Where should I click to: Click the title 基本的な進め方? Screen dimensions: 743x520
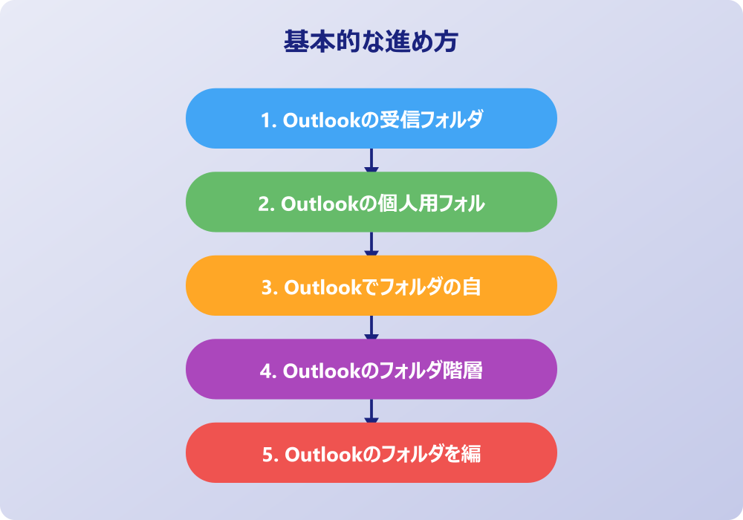pyautogui.click(x=371, y=41)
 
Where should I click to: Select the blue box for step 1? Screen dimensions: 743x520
pyautogui.click(x=371, y=118)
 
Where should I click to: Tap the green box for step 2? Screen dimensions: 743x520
pyautogui.click(x=371, y=202)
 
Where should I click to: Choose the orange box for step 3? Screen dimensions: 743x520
pyautogui.click(x=371, y=285)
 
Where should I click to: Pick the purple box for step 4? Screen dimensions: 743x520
pyautogui.click(x=371, y=369)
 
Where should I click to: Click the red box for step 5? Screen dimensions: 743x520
pyautogui.click(x=371, y=452)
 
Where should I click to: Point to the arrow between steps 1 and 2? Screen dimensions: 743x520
pyautogui.click(x=371, y=160)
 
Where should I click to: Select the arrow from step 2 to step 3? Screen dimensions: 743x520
pyautogui.click(x=371, y=244)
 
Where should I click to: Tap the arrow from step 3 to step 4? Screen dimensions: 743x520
pyautogui.click(x=371, y=328)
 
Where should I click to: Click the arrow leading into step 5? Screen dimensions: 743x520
pyautogui.click(x=371, y=411)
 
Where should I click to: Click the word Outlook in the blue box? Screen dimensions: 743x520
pyautogui.click(x=322, y=120)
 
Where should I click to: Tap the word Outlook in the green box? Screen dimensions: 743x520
pyautogui.click(x=319, y=204)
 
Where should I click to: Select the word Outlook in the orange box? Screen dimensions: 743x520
pyautogui.click(x=322, y=287)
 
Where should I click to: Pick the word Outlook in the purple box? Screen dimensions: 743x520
pyautogui.click(x=322, y=371)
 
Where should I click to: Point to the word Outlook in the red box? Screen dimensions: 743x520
pyautogui.click(x=324, y=455)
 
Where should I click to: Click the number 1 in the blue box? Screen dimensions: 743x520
pyautogui.click(x=266, y=120)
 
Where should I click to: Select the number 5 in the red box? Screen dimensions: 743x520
pyautogui.click(x=268, y=455)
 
